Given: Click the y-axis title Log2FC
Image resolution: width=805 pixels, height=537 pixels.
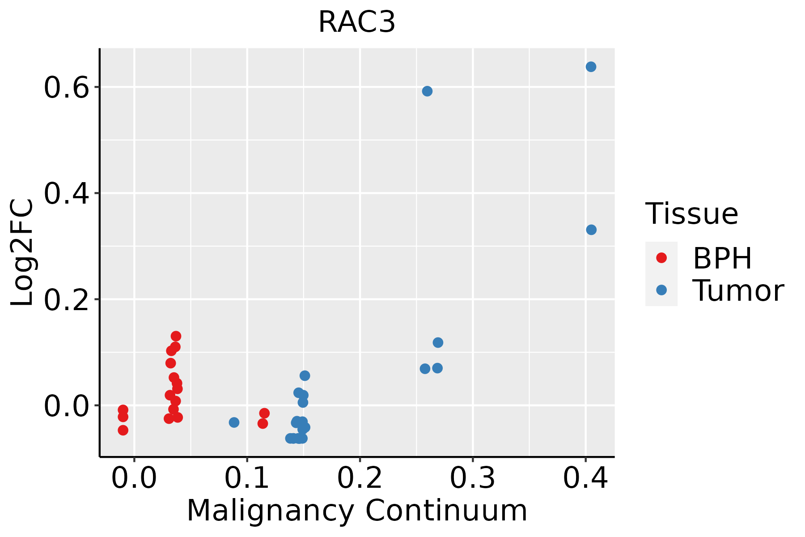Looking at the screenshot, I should point(22,253).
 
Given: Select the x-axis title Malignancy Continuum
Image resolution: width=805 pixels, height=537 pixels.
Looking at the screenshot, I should point(356,511).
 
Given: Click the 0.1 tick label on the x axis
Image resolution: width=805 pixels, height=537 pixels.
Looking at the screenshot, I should point(247,478).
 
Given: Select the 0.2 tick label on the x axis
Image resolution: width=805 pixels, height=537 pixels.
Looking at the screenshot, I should point(360,478).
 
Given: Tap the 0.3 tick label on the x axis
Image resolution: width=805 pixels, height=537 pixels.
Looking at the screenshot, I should point(472,478).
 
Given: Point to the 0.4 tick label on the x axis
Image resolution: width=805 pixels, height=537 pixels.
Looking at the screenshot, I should point(585,478).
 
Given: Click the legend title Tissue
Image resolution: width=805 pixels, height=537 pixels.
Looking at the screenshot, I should point(692,214).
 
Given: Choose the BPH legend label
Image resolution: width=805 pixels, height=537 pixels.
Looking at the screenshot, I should point(722,258).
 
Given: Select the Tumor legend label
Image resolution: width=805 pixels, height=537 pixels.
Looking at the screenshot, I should point(738,291).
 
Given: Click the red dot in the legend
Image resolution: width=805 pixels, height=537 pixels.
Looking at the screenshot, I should point(661,258).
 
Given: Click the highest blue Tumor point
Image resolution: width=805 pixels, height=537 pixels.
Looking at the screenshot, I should point(591,67).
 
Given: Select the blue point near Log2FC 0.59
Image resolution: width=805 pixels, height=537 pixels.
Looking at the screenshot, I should point(427,91).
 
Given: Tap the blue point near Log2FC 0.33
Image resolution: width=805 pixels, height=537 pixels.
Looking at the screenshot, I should point(591,230).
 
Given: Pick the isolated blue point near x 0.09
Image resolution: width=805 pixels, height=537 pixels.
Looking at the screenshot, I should point(234,422).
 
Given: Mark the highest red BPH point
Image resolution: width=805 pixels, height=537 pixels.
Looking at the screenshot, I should point(176,336).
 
